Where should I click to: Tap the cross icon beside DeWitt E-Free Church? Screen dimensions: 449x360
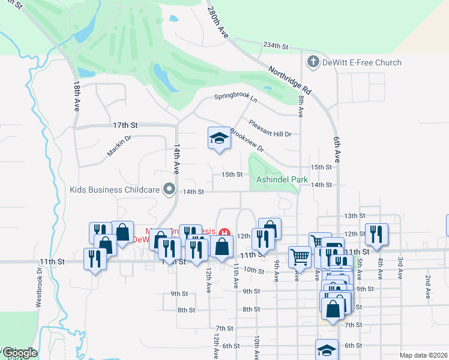click(312, 62)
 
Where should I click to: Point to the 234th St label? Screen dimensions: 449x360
click(276, 46)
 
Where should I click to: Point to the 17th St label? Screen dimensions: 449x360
click(125, 125)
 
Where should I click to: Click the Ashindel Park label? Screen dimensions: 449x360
click(282, 179)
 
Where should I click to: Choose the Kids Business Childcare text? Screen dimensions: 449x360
click(114, 190)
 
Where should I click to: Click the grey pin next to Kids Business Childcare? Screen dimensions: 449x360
click(170, 190)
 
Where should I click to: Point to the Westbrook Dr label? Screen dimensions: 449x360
click(39, 289)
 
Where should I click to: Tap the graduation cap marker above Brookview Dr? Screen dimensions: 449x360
click(219, 139)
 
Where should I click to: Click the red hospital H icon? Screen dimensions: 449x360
click(224, 232)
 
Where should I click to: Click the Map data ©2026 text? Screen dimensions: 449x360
click(423, 355)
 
